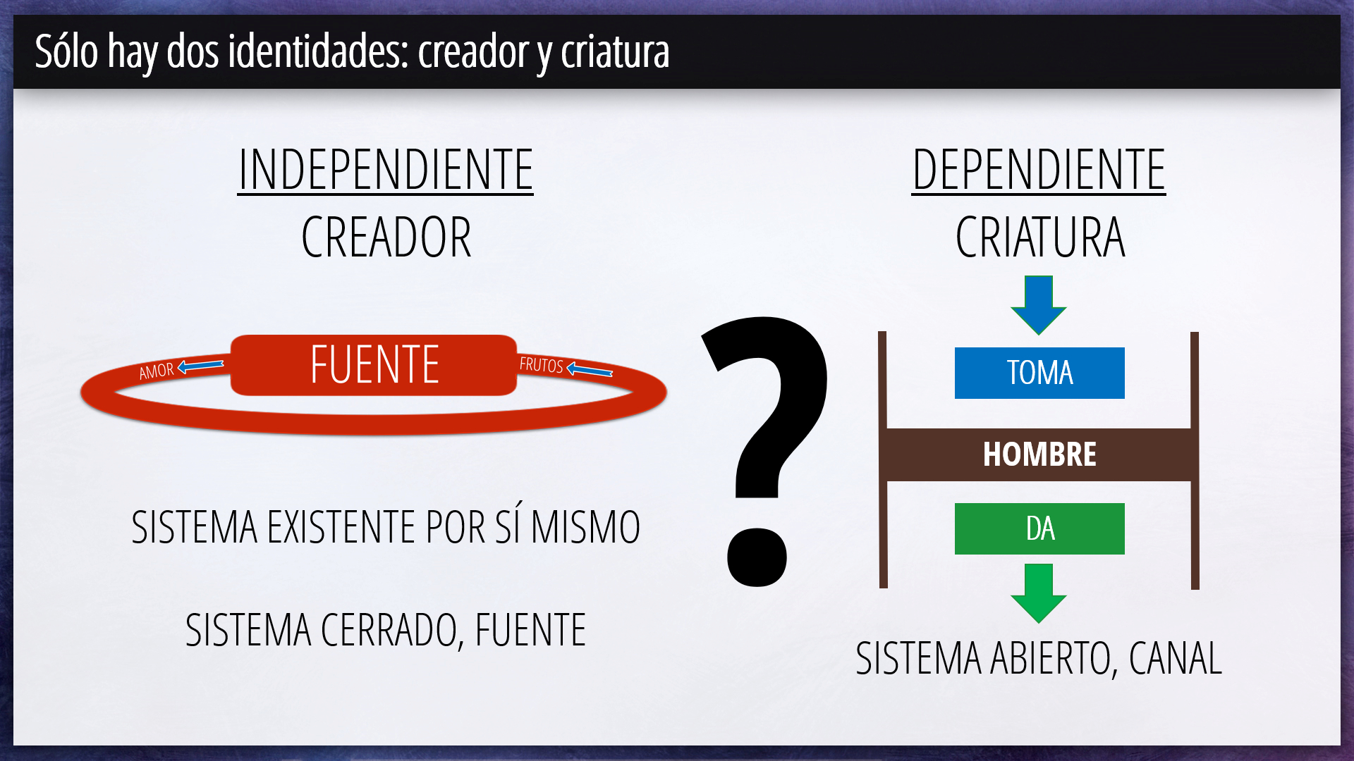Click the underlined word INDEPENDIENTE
tap(386, 170)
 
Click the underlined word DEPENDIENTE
tap(1039, 170)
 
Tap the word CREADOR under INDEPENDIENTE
tap(386, 237)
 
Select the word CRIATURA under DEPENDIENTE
tap(1040, 237)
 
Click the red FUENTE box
tap(374, 365)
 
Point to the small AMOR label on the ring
tap(156, 371)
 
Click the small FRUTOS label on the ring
tap(542, 365)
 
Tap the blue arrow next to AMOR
tap(201, 366)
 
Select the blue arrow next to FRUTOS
tap(590, 370)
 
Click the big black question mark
tap(765, 451)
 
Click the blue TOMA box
tap(1039, 373)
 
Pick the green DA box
tap(1039, 528)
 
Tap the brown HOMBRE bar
tap(1039, 454)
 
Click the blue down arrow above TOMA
tap(1039, 304)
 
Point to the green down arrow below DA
tap(1039, 593)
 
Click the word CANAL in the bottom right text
tap(1176, 659)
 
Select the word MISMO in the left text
tap(585, 527)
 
